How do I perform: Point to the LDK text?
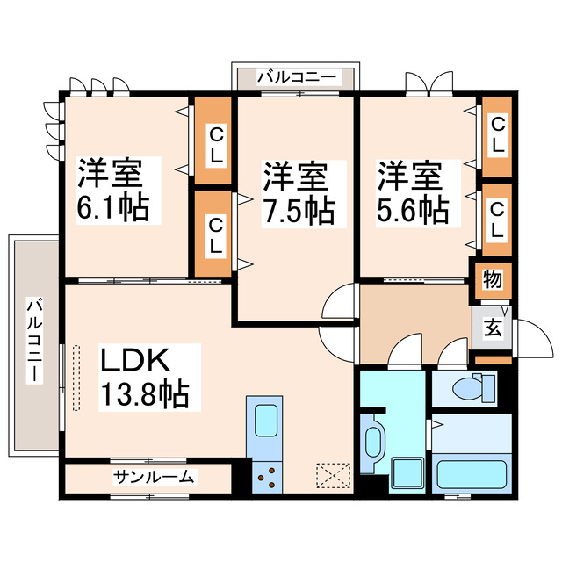click(138, 360)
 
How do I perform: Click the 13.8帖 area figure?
click(144, 395)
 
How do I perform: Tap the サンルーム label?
click(155, 477)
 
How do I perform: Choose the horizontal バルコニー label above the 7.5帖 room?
click(296, 78)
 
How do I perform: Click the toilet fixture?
click(473, 385)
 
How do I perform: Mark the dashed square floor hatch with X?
click(333, 475)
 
